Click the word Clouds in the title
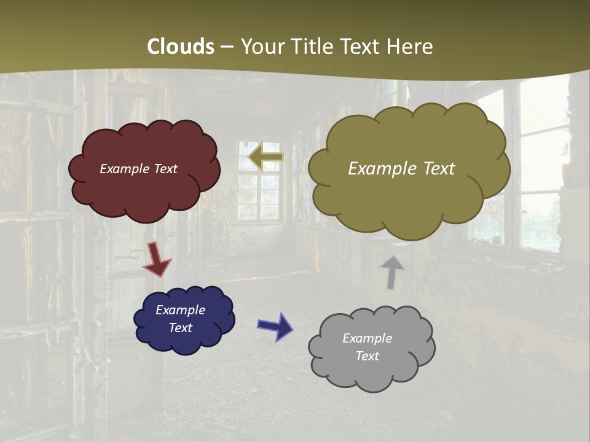coord(181,47)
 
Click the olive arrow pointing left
coord(265,157)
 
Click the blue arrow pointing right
coord(275,326)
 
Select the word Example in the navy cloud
coord(180,310)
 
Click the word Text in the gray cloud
coord(367,356)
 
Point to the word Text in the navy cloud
coord(180,328)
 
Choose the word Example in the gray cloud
coord(367,338)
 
